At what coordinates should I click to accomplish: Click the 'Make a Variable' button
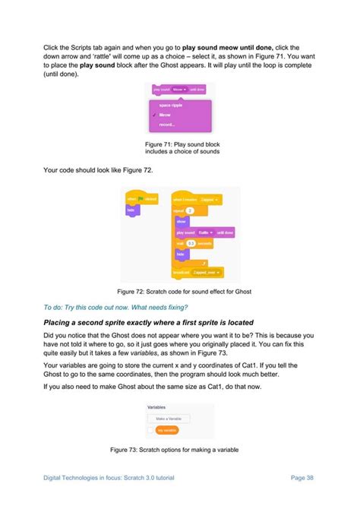coord(169,419)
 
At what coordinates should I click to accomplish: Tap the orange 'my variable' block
coord(167,430)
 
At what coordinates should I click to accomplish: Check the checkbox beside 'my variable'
coord(150,430)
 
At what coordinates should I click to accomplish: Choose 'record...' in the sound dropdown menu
coord(166,125)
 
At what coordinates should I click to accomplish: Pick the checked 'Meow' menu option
coord(165,115)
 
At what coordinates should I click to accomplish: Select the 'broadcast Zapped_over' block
coord(197,271)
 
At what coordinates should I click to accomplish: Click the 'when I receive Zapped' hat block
coord(195,199)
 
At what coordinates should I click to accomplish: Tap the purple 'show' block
coord(182,221)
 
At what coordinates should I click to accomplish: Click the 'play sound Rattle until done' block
coord(204,232)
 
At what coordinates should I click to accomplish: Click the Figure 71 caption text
coord(179,147)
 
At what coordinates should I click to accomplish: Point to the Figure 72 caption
coord(179,291)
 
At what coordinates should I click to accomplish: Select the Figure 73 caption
coord(179,450)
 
